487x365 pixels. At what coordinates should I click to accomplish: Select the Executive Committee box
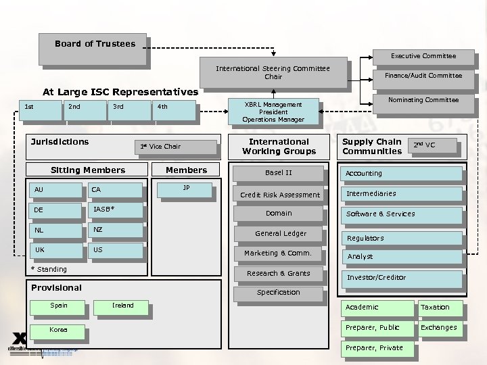coord(423,56)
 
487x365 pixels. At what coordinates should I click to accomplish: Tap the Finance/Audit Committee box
coord(423,76)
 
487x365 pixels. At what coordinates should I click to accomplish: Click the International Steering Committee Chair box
coord(273,72)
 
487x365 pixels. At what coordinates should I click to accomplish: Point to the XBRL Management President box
coord(273,112)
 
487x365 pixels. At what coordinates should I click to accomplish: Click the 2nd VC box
coord(432,145)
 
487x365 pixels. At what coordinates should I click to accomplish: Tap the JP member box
coord(186,189)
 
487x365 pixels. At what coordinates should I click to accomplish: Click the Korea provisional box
coord(58,330)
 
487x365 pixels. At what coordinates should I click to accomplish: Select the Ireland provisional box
coord(122,306)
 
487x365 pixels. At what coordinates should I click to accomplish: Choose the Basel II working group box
coord(279,173)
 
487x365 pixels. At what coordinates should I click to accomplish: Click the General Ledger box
coord(280,234)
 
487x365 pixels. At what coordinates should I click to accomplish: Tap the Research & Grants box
coord(279,274)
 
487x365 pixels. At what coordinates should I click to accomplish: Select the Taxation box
coord(439,308)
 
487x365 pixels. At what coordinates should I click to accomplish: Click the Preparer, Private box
coord(376,349)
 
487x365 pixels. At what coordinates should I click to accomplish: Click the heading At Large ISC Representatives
coord(120,92)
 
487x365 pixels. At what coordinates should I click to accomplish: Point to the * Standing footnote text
coord(49,269)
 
